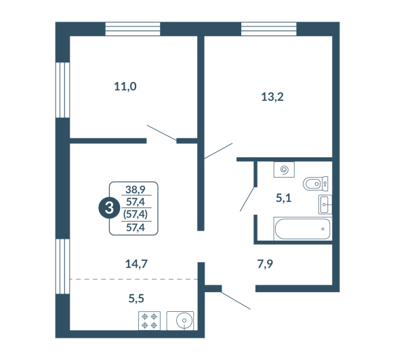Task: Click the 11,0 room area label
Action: (125, 87)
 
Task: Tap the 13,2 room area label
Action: (272, 97)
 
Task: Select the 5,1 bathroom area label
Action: (284, 198)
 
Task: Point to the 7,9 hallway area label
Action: (265, 264)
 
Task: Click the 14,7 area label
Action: (136, 264)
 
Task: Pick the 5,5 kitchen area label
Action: (136, 298)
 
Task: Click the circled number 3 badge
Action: (109, 208)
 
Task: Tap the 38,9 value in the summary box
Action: (136, 189)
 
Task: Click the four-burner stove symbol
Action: (149, 321)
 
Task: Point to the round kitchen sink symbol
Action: (184, 321)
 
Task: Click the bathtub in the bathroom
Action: (303, 228)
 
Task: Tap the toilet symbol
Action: (316, 184)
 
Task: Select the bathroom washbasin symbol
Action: (325, 204)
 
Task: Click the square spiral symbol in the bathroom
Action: (284, 169)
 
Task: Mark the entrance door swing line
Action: (236, 300)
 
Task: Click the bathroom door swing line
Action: (247, 199)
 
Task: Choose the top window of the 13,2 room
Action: (269, 29)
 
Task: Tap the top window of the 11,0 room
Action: (133, 29)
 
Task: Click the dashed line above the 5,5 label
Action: (133, 279)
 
